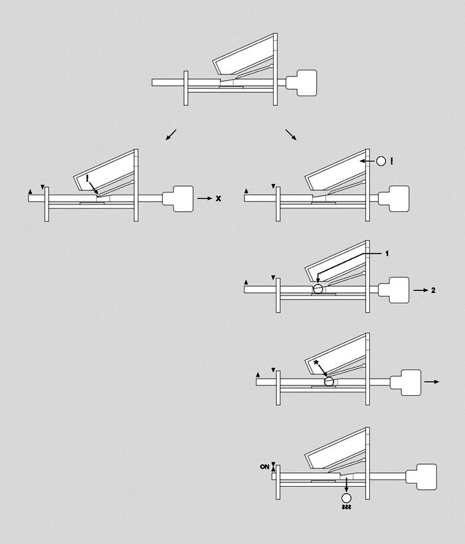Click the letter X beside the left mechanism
tap(218, 199)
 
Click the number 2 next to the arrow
tap(432, 290)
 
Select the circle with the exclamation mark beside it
tap(381, 161)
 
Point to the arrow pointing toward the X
tap(204, 199)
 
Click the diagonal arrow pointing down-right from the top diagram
tap(291, 135)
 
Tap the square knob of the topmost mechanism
tap(303, 82)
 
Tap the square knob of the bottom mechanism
tap(424, 474)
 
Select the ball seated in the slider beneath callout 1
tap(319, 288)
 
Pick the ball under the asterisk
tap(328, 381)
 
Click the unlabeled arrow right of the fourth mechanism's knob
tap(431, 382)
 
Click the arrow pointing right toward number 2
tap(418, 290)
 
